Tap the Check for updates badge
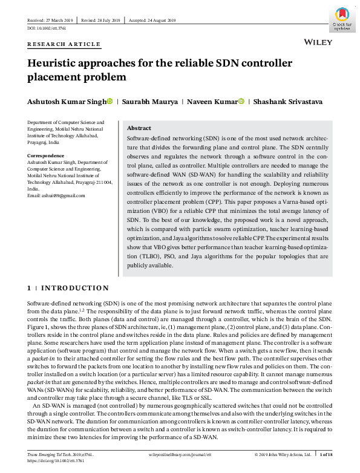tap(342, 18)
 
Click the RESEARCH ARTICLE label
tap(64, 44)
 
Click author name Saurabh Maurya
tap(151, 101)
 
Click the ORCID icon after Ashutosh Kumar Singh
tap(110, 101)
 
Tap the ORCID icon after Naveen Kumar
tap(241, 101)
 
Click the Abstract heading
tap(139, 128)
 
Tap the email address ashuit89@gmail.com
tap(55, 195)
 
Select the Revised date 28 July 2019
tap(102, 21)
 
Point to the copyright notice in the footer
tap(283, 453)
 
